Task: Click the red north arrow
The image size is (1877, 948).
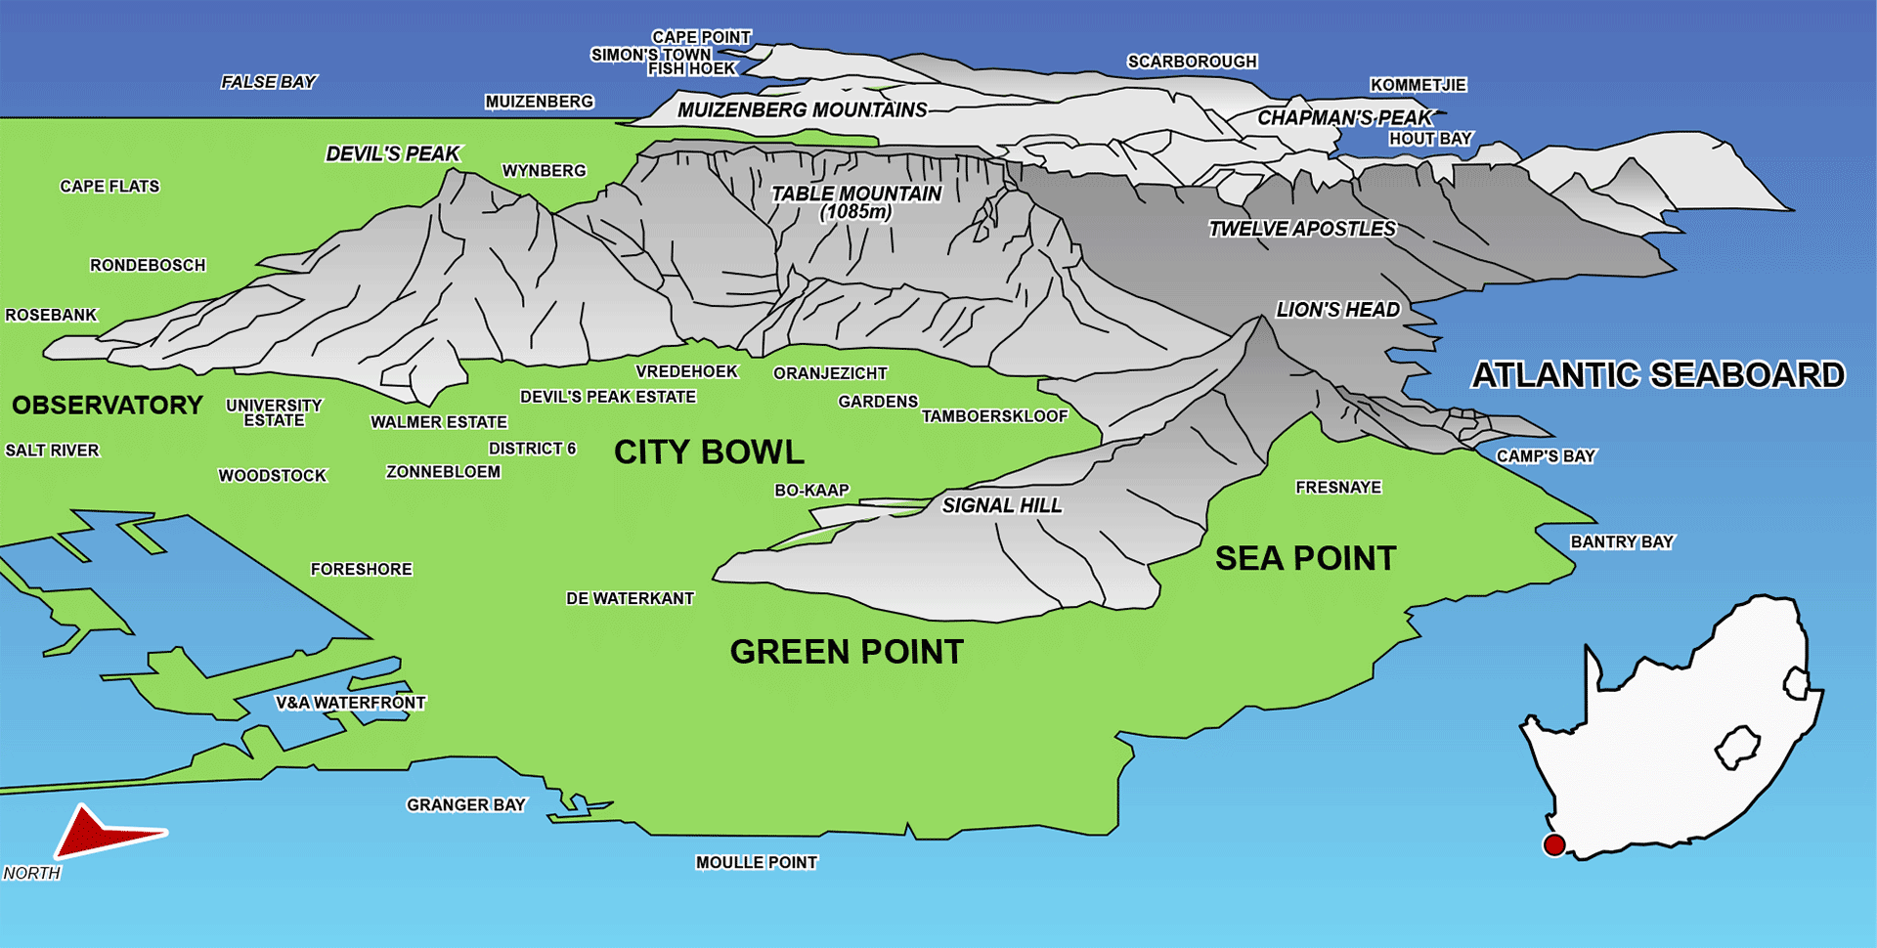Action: [x=98, y=833]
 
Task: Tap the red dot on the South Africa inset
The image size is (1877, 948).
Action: [x=1553, y=844]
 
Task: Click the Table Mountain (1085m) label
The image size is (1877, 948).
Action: [x=855, y=202]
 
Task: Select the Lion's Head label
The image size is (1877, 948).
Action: [x=1337, y=310]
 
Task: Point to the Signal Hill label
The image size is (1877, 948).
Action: [x=1001, y=505]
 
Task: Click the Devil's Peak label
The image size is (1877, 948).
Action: [x=392, y=153]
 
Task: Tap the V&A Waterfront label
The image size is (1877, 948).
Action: [x=350, y=703]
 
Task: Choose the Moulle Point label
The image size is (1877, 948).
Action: [x=756, y=862]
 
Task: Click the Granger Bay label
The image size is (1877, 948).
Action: [x=465, y=804]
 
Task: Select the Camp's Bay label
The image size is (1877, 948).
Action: [x=1545, y=455]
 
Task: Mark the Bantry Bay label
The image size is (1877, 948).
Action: [x=1622, y=541]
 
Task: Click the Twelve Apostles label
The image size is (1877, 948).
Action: [x=1302, y=229]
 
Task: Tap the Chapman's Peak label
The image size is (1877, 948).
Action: [x=1344, y=117]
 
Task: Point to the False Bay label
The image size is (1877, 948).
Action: [x=268, y=82]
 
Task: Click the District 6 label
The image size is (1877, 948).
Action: [x=532, y=449]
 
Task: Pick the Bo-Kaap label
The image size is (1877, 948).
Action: [x=811, y=490]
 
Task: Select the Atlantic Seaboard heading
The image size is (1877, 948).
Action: [x=1658, y=374]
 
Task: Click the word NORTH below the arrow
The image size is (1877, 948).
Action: [x=31, y=873]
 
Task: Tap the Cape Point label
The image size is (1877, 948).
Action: [x=701, y=37]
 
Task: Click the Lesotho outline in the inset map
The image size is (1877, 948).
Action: [x=1736, y=749]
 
